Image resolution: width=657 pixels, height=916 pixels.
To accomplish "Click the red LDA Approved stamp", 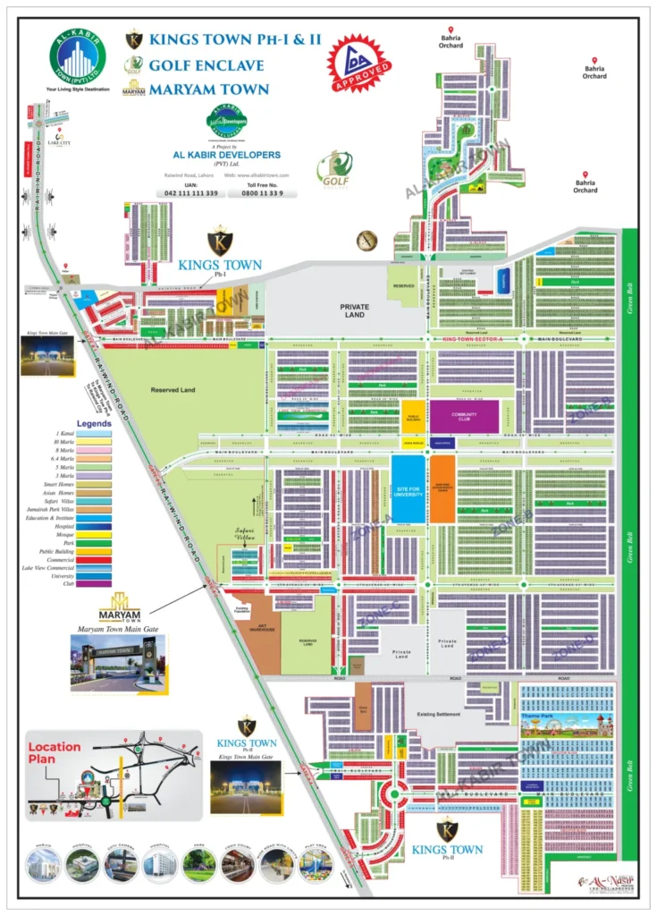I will [360, 64].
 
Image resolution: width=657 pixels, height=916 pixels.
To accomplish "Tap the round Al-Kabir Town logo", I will [77, 56].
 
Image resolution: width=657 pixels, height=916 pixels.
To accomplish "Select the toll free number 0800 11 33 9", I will [268, 193].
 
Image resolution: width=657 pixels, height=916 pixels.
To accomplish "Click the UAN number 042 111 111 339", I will [191, 193].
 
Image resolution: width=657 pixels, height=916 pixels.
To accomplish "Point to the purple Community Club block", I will [465, 416].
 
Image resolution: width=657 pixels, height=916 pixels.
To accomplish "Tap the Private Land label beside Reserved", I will [354, 310].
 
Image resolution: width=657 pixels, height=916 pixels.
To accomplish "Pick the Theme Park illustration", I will [566, 723].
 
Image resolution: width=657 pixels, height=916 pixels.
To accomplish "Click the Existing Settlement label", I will [442, 715].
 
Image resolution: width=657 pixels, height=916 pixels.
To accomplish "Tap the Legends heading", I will [94, 423].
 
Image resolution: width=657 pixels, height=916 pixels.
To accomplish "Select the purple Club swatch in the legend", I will [94, 583].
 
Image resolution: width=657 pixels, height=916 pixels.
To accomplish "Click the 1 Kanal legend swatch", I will [94, 433].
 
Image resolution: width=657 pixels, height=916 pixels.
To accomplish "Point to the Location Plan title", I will [54, 752].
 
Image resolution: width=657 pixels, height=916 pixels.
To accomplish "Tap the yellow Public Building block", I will [413, 417].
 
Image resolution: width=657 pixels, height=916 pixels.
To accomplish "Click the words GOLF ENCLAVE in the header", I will [206, 65].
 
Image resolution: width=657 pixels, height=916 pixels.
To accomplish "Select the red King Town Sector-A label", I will [470, 340].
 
